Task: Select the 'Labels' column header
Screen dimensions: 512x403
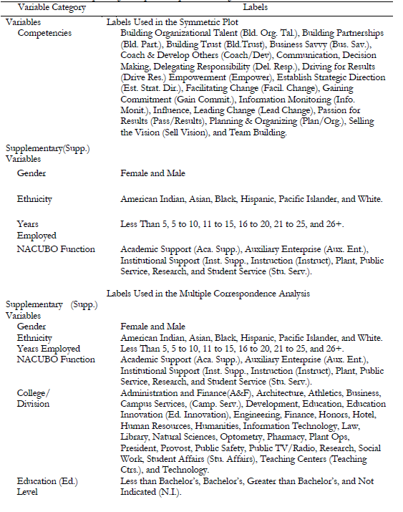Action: [x=255, y=7]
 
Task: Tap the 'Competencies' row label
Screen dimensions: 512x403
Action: [x=44, y=33]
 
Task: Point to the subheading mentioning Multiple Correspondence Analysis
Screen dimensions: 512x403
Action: [x=208, y=294]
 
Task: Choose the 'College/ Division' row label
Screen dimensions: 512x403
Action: [x=34, y=398]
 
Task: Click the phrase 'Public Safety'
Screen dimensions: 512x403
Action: [x=223, y=448]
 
